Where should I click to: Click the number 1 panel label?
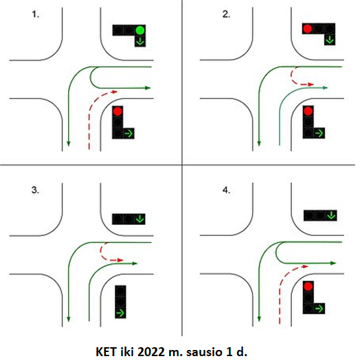click(x=35, y=14)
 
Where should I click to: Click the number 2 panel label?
click(x=226, y=14)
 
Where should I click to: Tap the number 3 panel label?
click(x=35, y=190)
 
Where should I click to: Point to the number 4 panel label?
click(x=226, y=190)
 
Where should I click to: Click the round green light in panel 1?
click(x=140, y=30)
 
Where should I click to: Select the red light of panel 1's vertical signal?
click(x=117, y=111)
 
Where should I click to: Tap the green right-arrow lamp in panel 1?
click(x=129, y=133)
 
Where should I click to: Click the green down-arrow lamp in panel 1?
click(x=140, y=41)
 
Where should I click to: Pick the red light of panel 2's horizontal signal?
click(x=308, y=29)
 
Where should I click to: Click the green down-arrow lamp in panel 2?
click(x=330, y=40)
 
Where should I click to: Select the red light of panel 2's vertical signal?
click(x=308, y=111)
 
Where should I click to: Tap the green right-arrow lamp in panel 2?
click(x=319, y=133)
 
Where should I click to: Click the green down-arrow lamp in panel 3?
click(x=139, y=219)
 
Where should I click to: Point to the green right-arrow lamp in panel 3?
click(x=120, y=313)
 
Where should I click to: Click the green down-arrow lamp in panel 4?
click(x=331, y=215)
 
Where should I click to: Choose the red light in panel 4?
click(x=308, y=287)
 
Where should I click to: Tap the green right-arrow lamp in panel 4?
click(x=319, y=309)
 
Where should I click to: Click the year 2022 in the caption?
click(x=151, y=352)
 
